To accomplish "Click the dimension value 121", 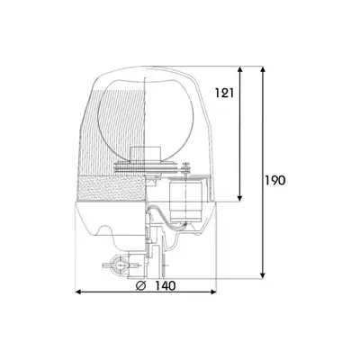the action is click(x=224, y=93).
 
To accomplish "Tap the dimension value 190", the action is click(x=274, y=180).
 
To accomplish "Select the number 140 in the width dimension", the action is click(x=165, y=285).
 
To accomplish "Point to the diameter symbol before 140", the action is click(x=140, y=285).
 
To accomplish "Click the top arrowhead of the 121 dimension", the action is click(x=239, y=69).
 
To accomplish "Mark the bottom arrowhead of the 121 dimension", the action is click(x=239, y=198).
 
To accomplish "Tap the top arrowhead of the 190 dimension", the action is click(x=263, y=69).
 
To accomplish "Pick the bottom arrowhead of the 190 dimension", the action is click(x=263, y=275).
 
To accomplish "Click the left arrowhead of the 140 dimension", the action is click(x=78, y=292).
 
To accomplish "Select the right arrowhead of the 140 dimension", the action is click(x=213, y=292).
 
